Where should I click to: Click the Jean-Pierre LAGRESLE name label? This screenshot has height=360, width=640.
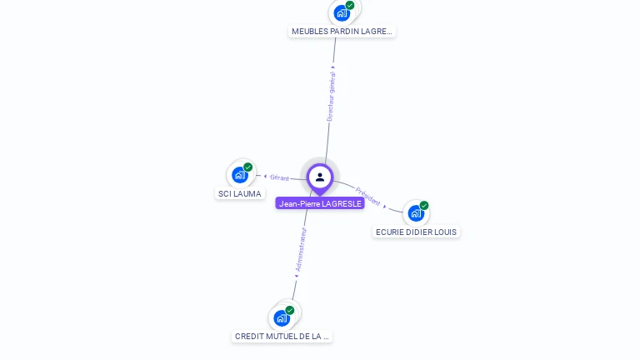pos(320,203)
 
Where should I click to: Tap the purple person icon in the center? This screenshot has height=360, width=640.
pos(320,177)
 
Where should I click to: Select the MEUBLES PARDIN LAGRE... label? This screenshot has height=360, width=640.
pos(342,32)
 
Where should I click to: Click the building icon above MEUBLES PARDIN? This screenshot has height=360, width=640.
pos(341,13)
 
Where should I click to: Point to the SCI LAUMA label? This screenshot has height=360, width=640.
pos(240,194)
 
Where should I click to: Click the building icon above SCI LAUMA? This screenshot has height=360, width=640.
pos(240,175)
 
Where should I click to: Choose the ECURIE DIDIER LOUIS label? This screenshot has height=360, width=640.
pos(416,232)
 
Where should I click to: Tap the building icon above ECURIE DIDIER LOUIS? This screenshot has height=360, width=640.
pos(415,213)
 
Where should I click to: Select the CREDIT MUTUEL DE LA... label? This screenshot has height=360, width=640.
pos(282,337)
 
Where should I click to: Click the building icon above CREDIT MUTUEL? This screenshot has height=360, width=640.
pos(282,317)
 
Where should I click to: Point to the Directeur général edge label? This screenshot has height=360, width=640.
pos(331,97)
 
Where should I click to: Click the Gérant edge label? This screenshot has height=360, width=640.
pos(279,177)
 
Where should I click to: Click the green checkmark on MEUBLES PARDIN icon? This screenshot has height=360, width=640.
pos(350,5)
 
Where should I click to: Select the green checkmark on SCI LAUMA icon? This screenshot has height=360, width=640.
pos(248,167)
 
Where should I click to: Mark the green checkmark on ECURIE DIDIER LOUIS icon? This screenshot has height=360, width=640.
pos(424,205)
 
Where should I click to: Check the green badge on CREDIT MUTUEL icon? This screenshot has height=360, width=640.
pos(290,310)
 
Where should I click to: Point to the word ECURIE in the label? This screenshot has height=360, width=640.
pos(390,232)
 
